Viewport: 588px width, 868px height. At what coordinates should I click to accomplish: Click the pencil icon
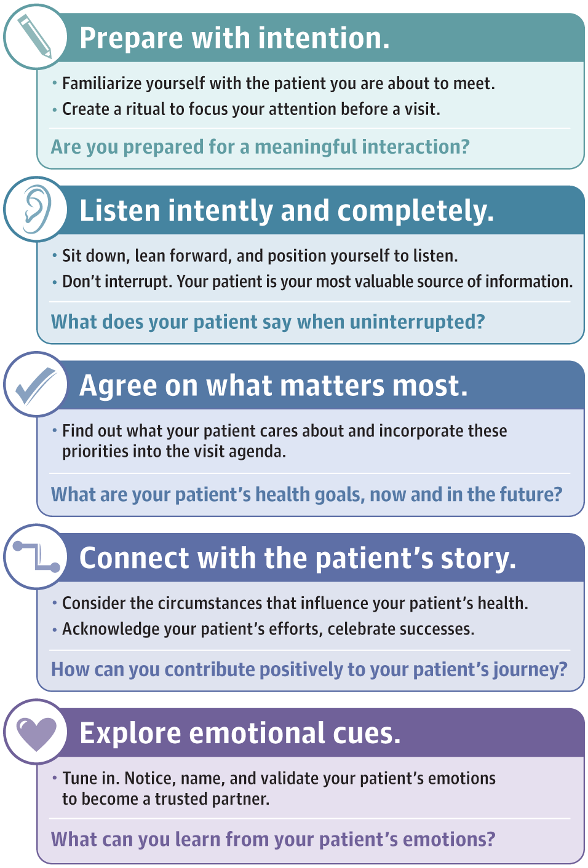[35, 37]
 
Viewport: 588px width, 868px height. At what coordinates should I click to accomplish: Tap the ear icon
[36, 210]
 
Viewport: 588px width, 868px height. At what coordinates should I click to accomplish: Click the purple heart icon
[36, 732]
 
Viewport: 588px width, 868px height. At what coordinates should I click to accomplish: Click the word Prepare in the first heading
[131, 38]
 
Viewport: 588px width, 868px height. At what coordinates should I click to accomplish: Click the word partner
[240, 799]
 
